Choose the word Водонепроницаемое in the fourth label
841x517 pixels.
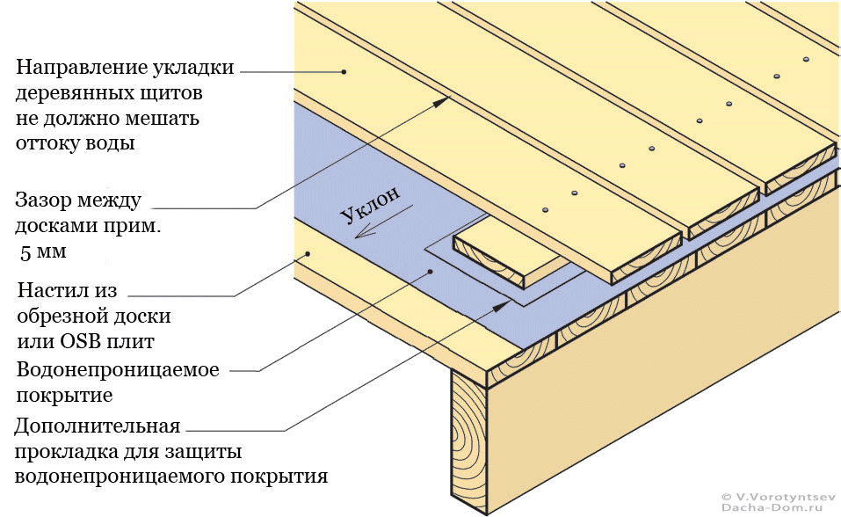118,368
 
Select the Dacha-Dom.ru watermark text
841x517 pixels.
777,508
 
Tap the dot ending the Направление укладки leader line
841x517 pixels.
345,71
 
